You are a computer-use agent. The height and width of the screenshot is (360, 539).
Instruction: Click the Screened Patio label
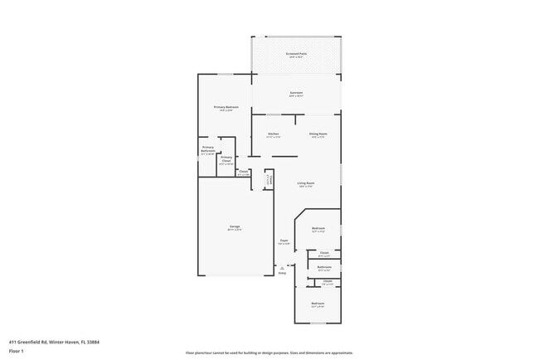pos(296,54)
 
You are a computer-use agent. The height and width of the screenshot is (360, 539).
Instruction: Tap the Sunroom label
pos(296,92)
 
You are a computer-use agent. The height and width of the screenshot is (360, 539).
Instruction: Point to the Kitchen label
pos(273,134)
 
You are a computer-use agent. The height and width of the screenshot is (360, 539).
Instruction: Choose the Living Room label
pos(305,183)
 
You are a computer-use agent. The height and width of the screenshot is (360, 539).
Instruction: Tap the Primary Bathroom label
pos(207,150)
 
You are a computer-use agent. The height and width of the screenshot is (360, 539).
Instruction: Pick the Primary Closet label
pos(226,161)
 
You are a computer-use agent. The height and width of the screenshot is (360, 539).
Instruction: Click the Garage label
pos(235,226)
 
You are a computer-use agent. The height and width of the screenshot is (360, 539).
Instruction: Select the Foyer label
pos(284,241)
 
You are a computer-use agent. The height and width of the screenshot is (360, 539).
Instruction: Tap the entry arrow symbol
pos(282,267)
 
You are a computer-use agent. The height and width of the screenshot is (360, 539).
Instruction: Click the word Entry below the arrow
pos(282,273)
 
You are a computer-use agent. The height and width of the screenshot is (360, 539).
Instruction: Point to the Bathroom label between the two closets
pos(324,267)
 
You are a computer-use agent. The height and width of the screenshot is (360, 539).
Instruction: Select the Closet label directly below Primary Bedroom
pos(244,172)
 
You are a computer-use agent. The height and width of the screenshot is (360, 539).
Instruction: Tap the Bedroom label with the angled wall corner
pos(318,228)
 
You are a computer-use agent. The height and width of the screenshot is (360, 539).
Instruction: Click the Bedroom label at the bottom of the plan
pos(318,304)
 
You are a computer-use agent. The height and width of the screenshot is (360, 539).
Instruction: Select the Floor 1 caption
pos(17,351)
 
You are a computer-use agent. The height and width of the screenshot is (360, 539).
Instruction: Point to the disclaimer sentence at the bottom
pos(269,353)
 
